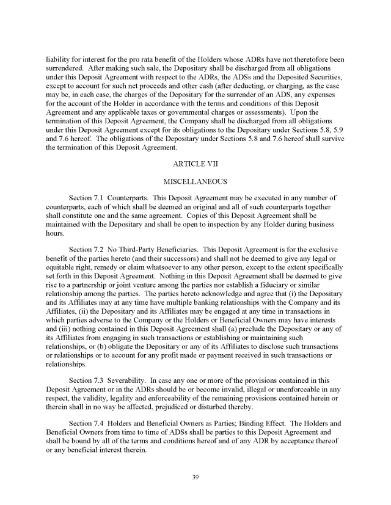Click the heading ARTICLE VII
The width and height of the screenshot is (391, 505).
[195, 164]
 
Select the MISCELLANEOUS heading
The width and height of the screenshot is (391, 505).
[195, 181]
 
